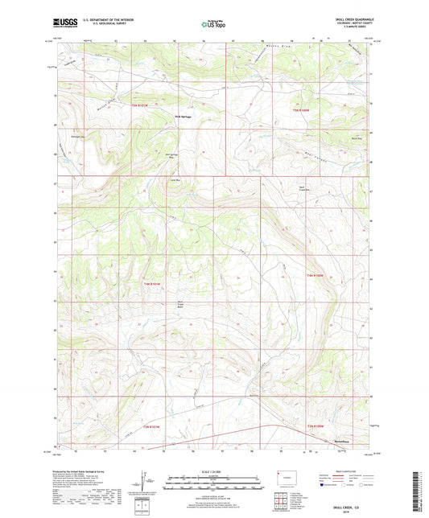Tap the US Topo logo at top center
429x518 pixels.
(x=212, y=25)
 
